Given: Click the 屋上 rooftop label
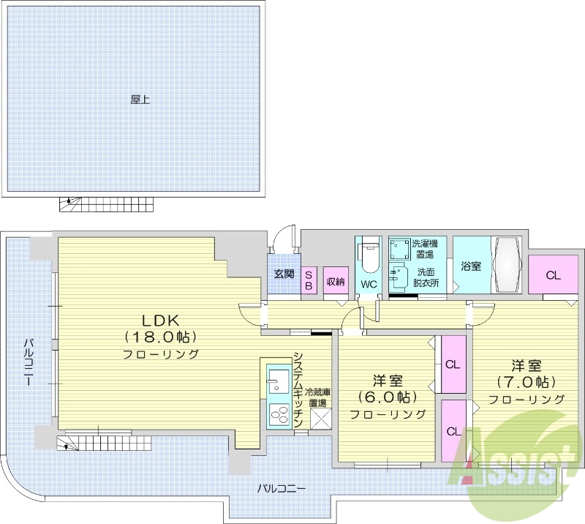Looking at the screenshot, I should (140, 100).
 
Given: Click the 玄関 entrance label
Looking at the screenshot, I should (284, 274).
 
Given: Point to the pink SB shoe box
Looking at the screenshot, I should (309, 280).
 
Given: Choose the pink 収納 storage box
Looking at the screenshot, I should (335, 280).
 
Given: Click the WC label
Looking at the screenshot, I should (368, 283).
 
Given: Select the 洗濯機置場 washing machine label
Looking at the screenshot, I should (422, 249).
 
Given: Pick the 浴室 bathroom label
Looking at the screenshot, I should (470, 266).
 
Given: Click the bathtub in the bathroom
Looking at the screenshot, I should (505, 265).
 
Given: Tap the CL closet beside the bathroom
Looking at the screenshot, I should (553, 275).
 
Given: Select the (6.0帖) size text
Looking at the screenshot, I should (387, 397).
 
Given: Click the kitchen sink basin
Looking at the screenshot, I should (278, 378).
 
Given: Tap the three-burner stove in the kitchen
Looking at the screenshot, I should (279, 415).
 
